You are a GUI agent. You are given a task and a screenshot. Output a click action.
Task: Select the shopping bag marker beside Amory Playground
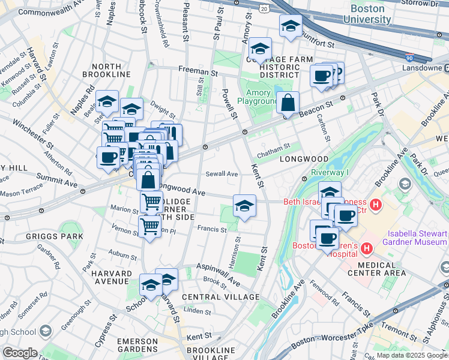(x=289, y=103)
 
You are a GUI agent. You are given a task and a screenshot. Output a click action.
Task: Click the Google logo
(x=20, y=353)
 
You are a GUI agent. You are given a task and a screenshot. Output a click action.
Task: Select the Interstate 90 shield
(x=409, y=58)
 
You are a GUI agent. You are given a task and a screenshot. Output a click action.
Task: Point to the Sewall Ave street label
(x=222, y=173)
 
